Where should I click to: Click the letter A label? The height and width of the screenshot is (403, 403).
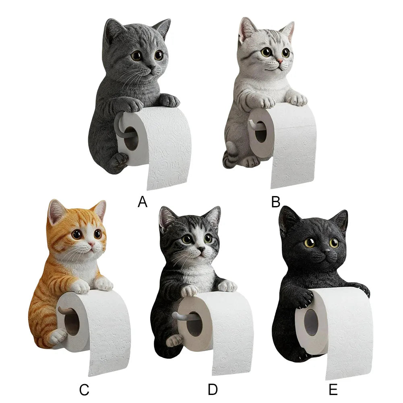(x=143, y=202)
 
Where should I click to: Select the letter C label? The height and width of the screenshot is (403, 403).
(x=84, y=390)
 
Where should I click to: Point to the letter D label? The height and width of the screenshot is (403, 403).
(x=213, y=390)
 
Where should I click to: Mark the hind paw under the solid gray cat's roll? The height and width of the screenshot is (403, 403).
(x=118, y=161)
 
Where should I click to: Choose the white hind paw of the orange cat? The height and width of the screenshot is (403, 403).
(x=58, y=337)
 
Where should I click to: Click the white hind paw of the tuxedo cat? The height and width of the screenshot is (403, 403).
(x=174, y=341)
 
